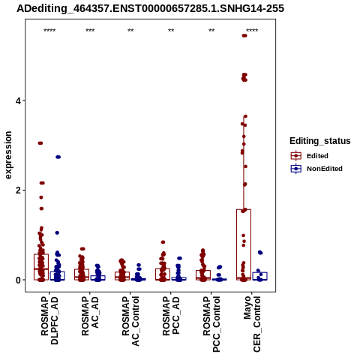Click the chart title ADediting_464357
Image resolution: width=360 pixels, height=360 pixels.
click(x=150, y=8)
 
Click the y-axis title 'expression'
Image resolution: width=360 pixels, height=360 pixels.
click(x=8, y=155)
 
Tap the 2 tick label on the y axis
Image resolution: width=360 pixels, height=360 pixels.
click(x=18, y=190)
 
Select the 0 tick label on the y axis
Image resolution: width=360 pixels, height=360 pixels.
click(x=18, y=280)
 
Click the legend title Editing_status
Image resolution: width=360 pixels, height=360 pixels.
click(x=320, y=141)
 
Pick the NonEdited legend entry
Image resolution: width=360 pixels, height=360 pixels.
click(x=316, y=169)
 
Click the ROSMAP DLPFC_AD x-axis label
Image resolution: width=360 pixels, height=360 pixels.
click(x=49, y=320)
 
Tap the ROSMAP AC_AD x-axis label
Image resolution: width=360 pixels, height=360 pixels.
click(x=90, y=316)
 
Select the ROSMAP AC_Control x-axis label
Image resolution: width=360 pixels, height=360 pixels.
click(x=130, y=321)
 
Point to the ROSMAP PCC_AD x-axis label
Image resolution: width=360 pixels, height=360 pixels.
click(x=171, y=316)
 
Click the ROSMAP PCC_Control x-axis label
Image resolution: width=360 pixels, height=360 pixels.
click(x=211, y=324)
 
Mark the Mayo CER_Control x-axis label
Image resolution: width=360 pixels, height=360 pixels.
click(x=252, y=324)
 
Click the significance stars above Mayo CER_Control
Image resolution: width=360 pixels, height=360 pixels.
click(x=252, y=31)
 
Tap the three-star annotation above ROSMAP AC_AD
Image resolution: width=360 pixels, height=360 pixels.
click(x=90, y=31)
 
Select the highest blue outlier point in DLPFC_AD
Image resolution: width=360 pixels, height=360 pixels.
click(x=58, y=157)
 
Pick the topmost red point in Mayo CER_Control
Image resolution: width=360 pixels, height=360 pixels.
click(x=244, y=35)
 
